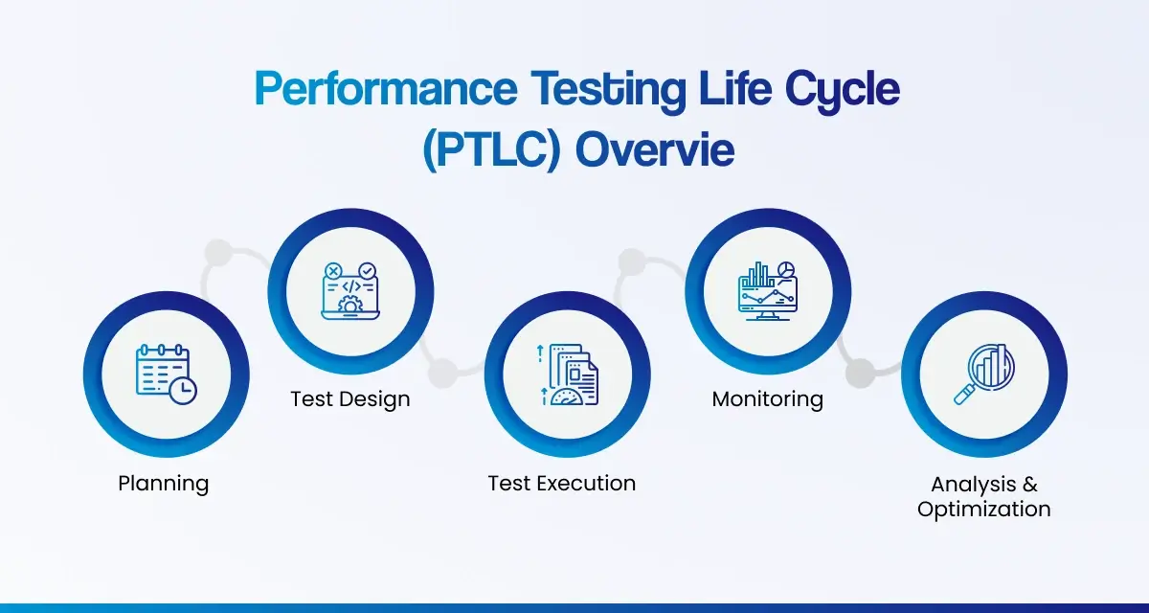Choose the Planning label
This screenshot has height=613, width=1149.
[164, 483]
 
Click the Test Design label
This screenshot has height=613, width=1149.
[350, 398]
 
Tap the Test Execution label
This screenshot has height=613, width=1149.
[562, 483]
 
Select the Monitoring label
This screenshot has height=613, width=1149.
[768, 398]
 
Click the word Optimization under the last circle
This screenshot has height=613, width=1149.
[984, 510]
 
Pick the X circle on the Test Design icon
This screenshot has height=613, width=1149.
[332, 272]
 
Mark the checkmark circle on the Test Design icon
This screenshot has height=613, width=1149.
[368, 272]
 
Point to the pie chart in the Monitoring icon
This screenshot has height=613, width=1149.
[787, 270]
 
